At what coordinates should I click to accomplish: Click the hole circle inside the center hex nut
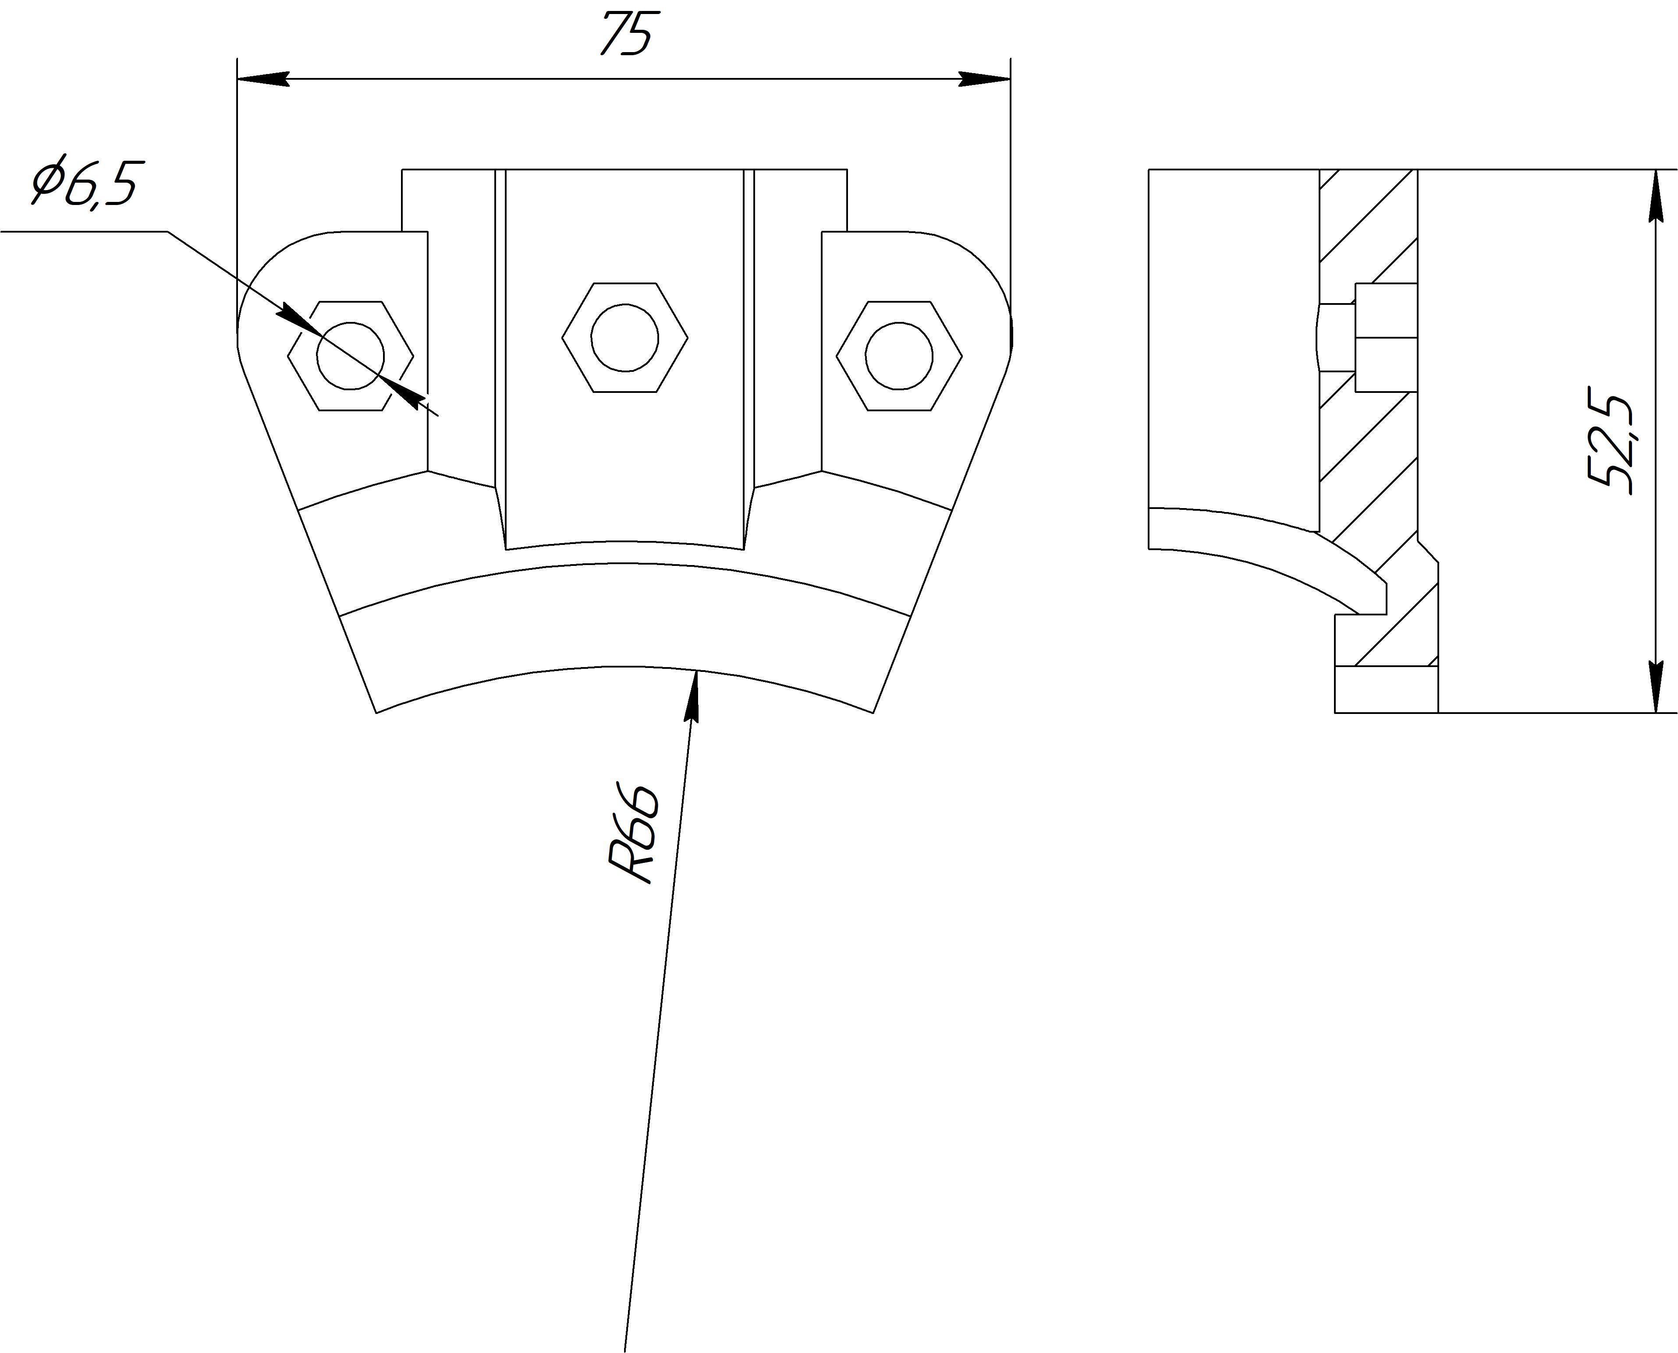[x=624, y=337]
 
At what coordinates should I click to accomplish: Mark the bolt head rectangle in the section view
[x=1386, y=337]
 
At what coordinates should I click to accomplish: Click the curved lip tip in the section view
[x=1379, y=596]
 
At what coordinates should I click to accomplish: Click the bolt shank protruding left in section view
[x=1336, y=337]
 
